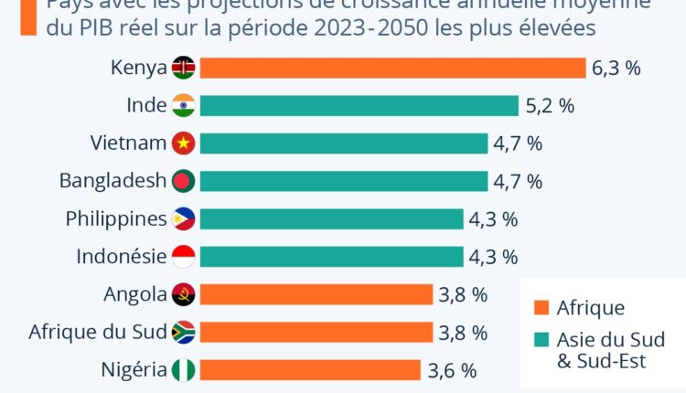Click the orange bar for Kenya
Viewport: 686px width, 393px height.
click(x=392, y=69)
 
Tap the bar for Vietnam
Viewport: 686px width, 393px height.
click(x=343, y=143)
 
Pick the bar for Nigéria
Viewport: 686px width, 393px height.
click(x=311, y=370)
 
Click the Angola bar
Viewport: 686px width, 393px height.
click(x=316, y=294)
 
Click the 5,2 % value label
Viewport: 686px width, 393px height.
click(x=550, y=106)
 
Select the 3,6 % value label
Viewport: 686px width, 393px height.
click(x=452, y=370)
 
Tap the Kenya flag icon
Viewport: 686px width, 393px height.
click(x=183, y=69)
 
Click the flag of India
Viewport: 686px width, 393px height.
click(x=183, y=106)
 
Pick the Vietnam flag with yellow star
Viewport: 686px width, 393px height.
click(x=183, y=143)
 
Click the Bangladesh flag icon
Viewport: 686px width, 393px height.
click(x=183, y=181)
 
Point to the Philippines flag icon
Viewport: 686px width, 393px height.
click(x=183, y=219)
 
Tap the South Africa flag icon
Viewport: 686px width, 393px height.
click(x=183, y=332)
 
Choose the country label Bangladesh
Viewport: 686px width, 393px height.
click(x=113, y=181)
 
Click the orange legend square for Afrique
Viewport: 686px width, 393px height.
click(x=540, y=308)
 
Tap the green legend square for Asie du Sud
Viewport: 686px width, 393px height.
click(x=540, y=340)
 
